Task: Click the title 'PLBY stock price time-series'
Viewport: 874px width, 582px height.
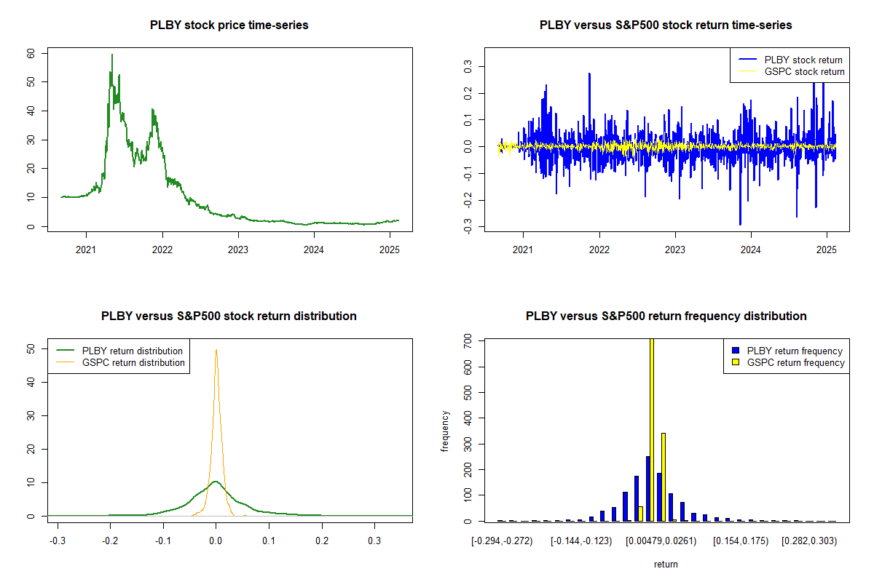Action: pos(229,25)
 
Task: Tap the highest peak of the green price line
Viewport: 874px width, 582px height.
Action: pos(112,55)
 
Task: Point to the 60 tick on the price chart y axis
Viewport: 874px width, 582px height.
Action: pos(30,53)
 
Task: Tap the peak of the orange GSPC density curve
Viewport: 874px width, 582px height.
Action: pos(216,350)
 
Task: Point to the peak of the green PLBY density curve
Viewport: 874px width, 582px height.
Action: pos(215,481)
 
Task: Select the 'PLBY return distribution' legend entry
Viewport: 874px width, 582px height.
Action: pos(132,351)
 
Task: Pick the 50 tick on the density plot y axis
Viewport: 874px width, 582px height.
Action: pos(30,349)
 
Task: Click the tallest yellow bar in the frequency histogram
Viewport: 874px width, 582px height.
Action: pos(651,429)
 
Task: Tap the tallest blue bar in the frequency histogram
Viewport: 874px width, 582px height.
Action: pos(647,488)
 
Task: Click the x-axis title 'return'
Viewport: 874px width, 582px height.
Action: pos(666,564)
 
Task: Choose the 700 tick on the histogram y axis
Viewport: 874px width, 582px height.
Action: pos(467,340)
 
